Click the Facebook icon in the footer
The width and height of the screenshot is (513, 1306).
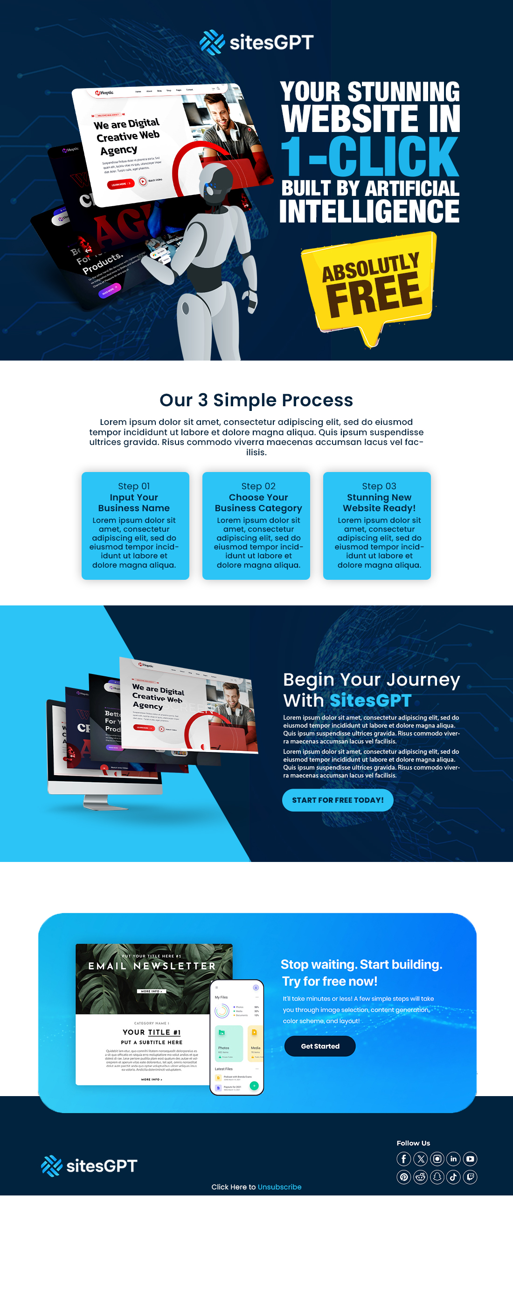403,1159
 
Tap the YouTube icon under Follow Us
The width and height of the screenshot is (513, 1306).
471,1159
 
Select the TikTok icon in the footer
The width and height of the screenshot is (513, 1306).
454,1177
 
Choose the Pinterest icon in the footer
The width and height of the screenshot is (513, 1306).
403,1177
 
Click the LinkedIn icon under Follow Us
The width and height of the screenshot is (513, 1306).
454,1159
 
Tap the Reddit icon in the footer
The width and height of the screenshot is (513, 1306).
420,1177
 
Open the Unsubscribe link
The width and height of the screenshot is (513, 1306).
279,1187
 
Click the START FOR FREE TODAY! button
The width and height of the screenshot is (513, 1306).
338,800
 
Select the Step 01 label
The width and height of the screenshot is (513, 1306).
134,486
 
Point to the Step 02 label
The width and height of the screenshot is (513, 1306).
258,486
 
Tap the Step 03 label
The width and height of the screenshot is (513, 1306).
379,486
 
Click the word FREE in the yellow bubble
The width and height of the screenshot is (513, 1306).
374,293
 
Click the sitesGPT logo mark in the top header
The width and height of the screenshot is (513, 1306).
212,42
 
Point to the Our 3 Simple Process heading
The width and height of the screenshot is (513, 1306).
256,400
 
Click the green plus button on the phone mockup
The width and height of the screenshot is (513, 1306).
254,1085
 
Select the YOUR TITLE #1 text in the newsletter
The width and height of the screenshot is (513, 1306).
152,1032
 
